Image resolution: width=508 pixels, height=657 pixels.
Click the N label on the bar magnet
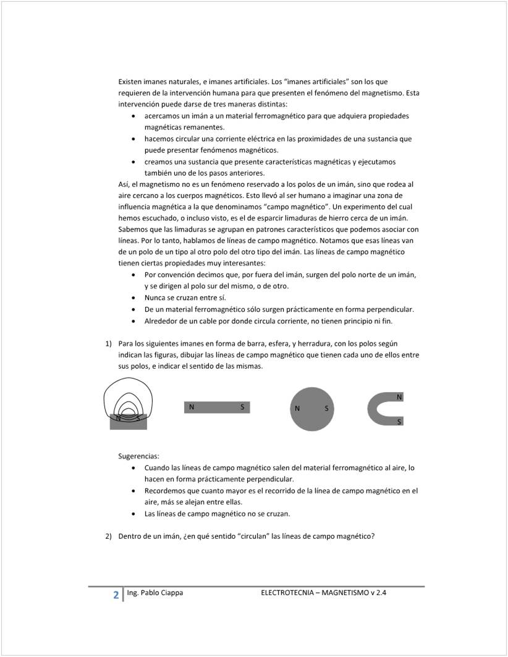[x=192, y=407]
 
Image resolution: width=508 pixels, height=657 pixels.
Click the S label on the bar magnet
[x=242, y=407]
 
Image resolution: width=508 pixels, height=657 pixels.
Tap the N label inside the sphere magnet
[x=297, y=409]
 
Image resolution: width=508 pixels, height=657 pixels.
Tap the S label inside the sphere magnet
[x=326, y=409]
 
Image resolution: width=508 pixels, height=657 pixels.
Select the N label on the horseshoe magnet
[x=399, y=397]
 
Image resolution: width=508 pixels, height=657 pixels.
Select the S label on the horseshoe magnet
[x=399, y=421]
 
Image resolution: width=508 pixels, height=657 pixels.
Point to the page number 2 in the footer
[x=116, y=595]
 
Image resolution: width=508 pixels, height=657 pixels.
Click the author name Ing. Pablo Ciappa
[x=155, y=593]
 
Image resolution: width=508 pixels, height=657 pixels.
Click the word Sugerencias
[x=138, y=456]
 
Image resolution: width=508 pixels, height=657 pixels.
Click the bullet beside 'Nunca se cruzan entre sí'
[x=135, y=298]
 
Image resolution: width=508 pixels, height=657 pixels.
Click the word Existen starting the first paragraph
[x=132, y=81]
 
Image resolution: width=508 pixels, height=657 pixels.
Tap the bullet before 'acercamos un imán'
[x=135, y=116]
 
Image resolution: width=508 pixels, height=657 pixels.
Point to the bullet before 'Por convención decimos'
[x=135, y=275]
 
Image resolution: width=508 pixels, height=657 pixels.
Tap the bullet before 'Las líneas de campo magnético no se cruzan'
[x=135, y=514]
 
